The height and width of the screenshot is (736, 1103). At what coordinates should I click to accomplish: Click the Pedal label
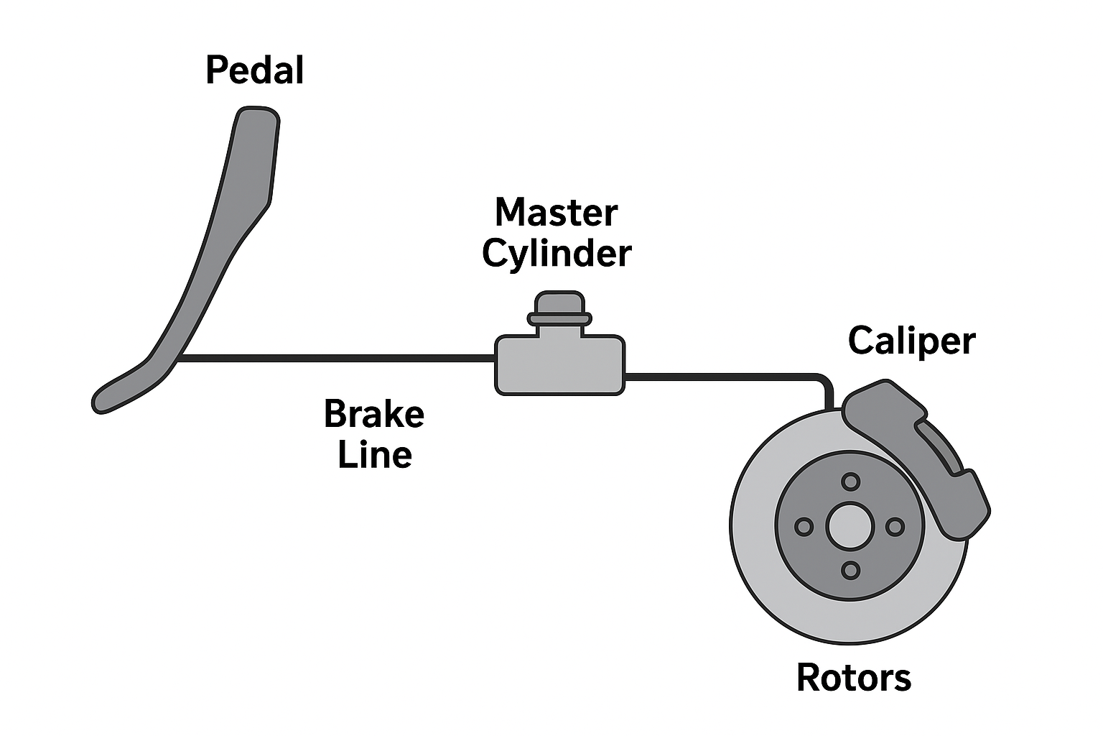click(x=254, y=70)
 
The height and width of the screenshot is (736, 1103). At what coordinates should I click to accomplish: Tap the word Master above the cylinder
click(x=556, y=213)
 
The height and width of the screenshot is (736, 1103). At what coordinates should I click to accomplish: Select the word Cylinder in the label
click(x=556, y=254)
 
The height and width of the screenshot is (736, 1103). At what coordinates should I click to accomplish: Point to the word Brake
click(x=373, y=414)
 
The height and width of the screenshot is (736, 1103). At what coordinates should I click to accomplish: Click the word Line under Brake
click(x=374, y=455)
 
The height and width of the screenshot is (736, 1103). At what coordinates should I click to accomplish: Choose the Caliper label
click(x=911, y=340)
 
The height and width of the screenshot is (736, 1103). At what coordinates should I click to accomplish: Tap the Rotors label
click(x=853, y=678)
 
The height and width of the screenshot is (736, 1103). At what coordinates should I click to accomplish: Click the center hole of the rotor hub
click(x=850, y=526)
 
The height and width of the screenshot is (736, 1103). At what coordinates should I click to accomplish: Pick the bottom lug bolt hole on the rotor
click(x=850, y=571)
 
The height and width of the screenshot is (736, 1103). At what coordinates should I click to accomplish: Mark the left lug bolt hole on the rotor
click(x=804, y=527)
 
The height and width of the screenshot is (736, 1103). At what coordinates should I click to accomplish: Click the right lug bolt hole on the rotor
click(x=895, y=527)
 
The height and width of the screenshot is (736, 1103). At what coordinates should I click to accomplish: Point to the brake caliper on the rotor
click(x=926, y=460)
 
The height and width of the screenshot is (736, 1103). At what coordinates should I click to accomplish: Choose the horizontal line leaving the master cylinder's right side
click(x=718, y=375)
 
